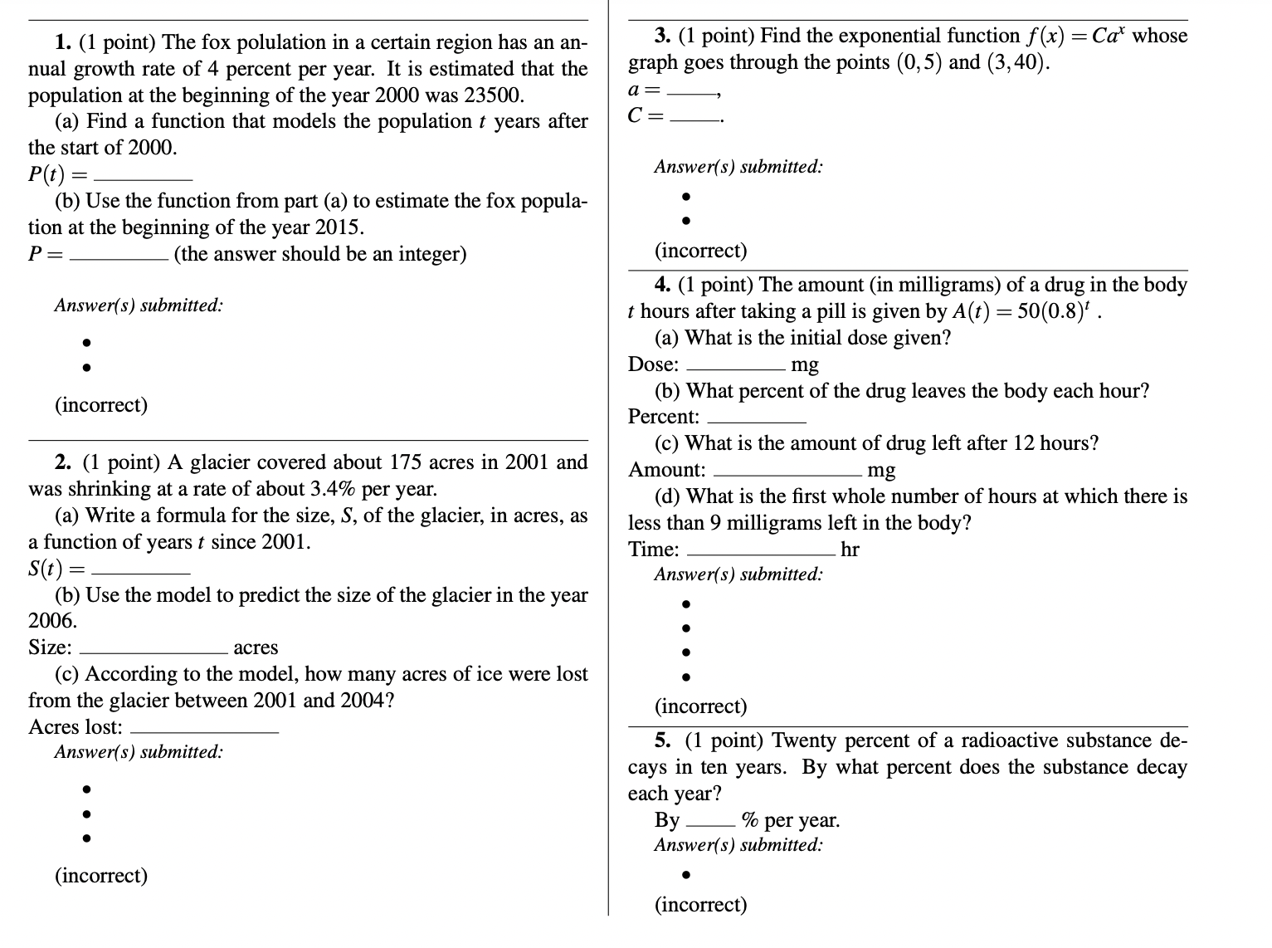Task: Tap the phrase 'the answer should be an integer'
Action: [319, 254]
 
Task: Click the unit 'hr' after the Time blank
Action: [850, 550]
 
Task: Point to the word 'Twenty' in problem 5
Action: [802, 740]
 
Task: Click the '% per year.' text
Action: [791, 820]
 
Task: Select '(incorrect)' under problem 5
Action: [700, 904]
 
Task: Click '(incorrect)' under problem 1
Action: [101, 405]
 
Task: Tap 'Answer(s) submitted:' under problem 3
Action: [738, 167]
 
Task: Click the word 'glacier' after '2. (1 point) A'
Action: [223, 462]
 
